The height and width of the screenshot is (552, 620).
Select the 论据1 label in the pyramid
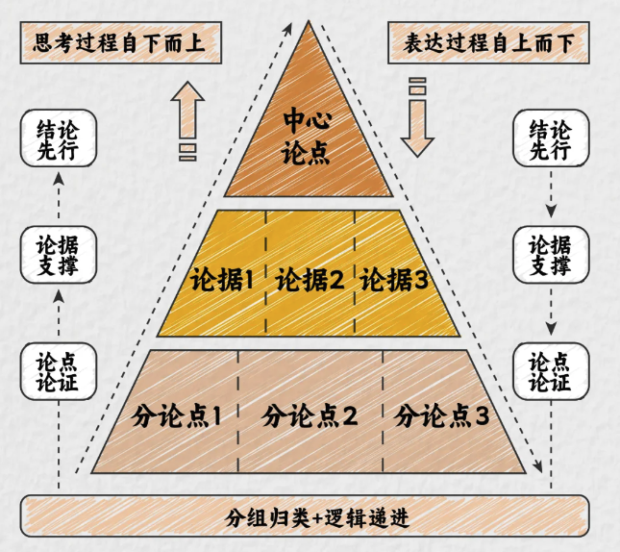221,281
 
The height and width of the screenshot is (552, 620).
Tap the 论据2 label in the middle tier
310,281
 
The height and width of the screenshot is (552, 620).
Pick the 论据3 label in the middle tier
393,281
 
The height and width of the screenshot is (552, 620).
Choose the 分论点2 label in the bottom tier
310,416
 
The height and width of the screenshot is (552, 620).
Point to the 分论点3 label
442,416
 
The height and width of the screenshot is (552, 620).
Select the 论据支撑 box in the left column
59,254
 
